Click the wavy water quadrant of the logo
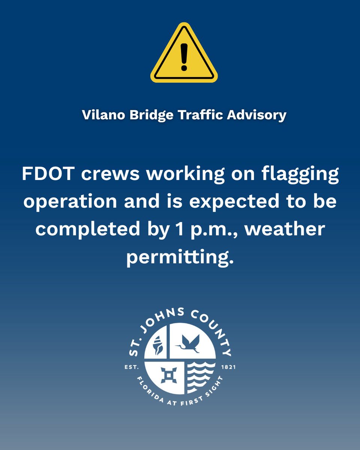click(x=201, y=375)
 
